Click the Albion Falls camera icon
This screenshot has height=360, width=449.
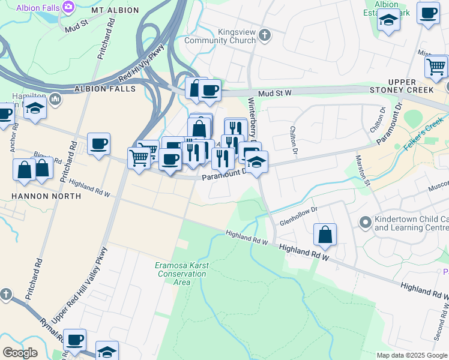tap(68, 7)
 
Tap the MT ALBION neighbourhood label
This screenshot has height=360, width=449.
tap(115, 11)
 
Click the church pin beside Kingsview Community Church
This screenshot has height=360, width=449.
tap(265, 35)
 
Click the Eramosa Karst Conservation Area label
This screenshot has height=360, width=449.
tap(173, 273)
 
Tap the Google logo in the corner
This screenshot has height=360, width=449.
tap(20, 352)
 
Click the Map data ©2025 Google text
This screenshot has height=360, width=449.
tap(412, 355)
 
